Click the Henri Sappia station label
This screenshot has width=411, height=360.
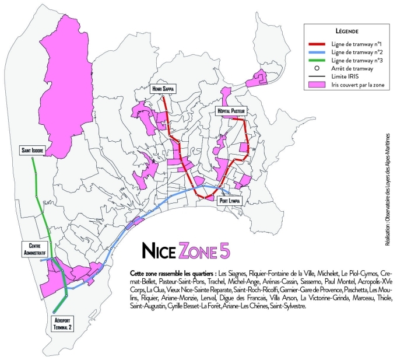164,89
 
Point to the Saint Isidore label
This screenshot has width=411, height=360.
33,149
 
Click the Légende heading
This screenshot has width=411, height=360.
346,30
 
